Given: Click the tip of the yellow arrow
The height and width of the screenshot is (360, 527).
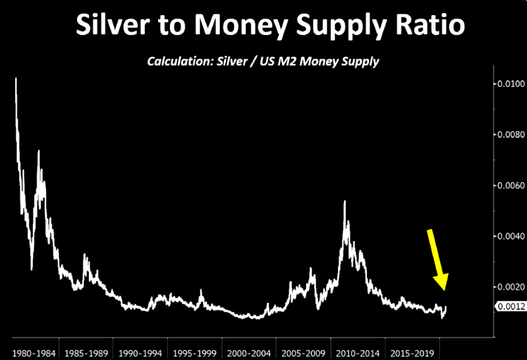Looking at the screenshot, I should point(445,290).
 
